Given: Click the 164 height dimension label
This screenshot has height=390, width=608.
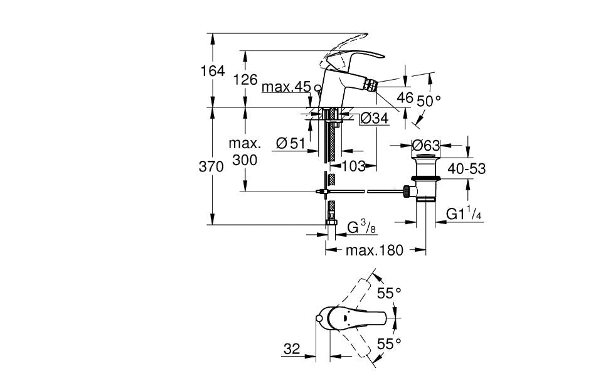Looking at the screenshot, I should tap(213, 71).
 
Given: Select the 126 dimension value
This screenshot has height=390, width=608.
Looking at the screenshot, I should tap(245, 79).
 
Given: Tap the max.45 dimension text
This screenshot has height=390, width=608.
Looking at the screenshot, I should tap(286, 87).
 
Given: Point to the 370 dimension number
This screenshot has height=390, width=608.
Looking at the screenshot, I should tap(212, 167).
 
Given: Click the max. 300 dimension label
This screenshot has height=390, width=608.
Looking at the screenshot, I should tap(244, 153).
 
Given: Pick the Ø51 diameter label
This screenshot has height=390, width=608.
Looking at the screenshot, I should tap(291, 144).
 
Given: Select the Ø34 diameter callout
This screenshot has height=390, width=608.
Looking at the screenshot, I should tap(375, 118).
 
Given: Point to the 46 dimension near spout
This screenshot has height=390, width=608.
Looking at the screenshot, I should tap(405, 97).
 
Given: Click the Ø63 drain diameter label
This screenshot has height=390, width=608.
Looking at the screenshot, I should tap(426, 145).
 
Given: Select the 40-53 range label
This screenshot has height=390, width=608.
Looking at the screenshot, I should tap(466, 168).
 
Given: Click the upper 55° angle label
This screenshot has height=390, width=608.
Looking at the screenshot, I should tap(389, 293).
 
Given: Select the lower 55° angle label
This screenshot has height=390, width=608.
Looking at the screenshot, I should tap(389, 343).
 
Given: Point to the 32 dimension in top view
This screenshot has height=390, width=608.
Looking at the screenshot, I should tap(292, 349).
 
